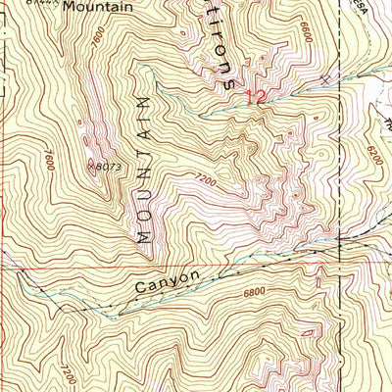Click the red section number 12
[x=256, y=96]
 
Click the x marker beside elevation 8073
[x=90, y=165]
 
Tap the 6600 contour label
[x=307, y=34]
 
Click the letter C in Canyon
[x=141, y=292]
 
